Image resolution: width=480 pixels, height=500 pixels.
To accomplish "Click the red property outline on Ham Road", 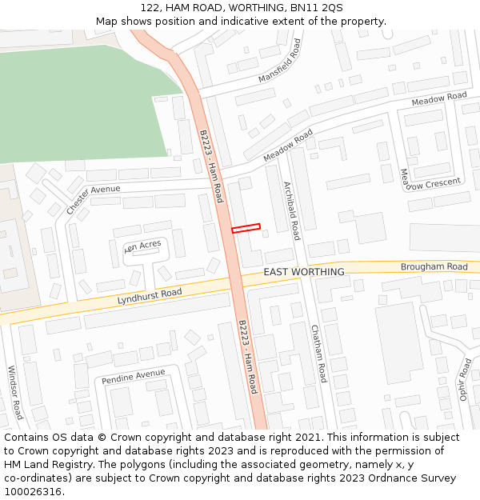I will tap(246, 228).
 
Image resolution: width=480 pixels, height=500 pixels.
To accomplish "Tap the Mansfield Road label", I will tap(279, 60).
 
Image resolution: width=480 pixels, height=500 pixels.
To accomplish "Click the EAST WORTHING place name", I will tap(304, 272).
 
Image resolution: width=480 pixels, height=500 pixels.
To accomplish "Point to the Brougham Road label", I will tap(434, 266).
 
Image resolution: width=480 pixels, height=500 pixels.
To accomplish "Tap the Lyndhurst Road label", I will tap(150, 295).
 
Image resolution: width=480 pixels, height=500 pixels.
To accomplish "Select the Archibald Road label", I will tap(291, 210).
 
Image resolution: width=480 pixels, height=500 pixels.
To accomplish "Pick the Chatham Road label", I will tap(318, 354).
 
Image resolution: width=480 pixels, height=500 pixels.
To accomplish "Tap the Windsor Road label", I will tap(15, 393).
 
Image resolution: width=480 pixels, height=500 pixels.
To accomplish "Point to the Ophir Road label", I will tap(466, 380).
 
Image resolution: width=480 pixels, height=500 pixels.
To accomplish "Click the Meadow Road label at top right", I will tap(439, 99).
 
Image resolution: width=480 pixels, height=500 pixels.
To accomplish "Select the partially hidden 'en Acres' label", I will tap(142, 245).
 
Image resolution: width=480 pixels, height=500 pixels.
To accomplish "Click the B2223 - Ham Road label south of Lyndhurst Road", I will tap(248, 357).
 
